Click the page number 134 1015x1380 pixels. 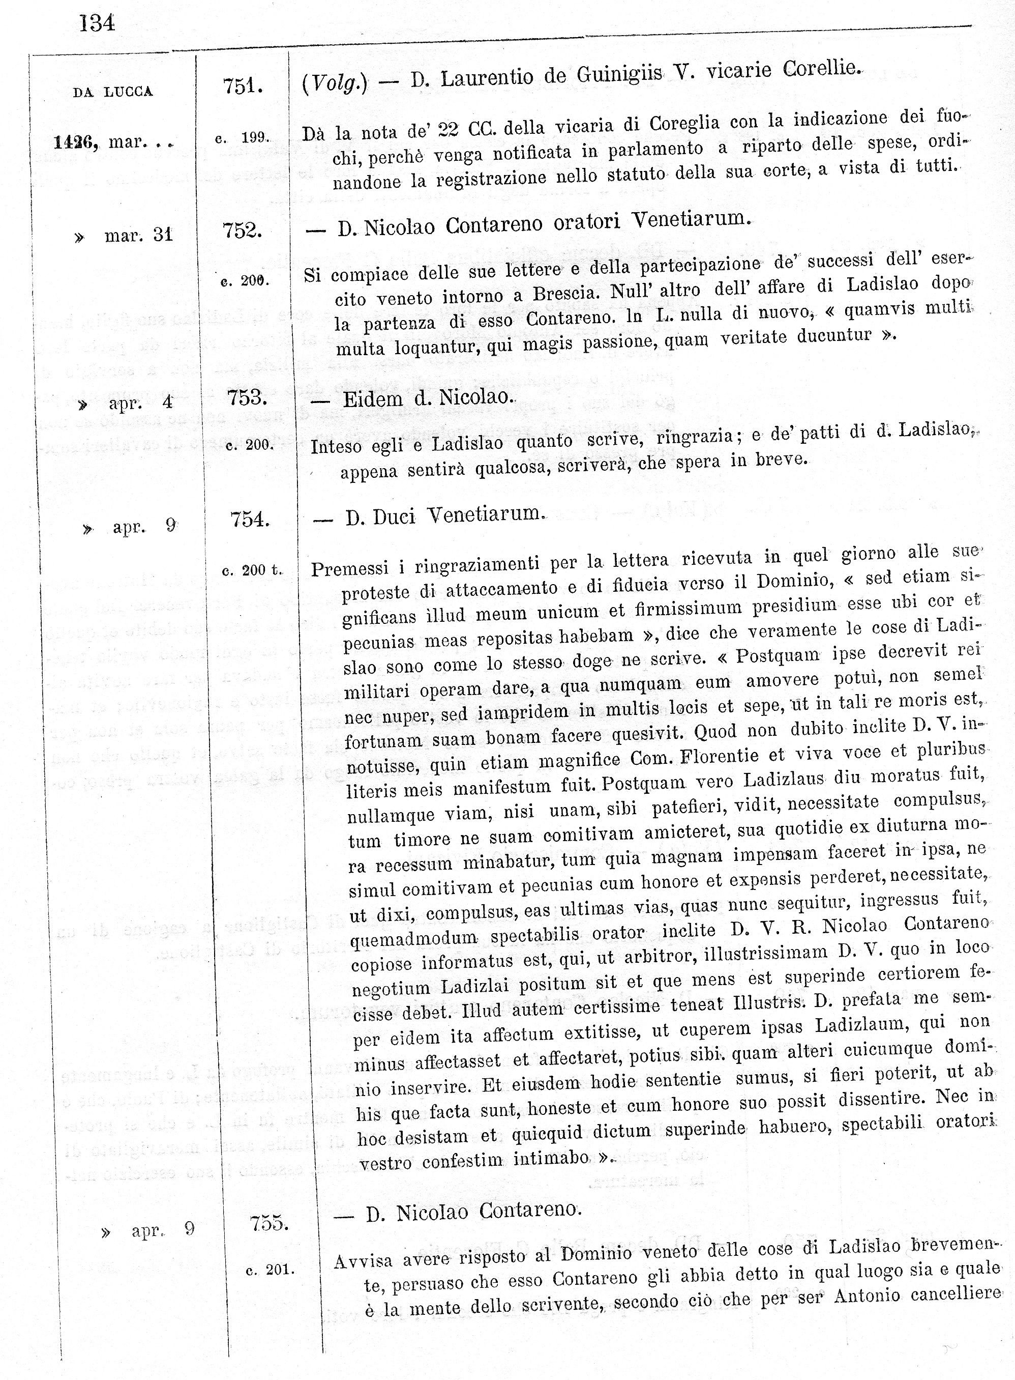[97, 24]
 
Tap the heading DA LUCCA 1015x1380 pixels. [112, 92]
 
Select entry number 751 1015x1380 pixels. [243, 87]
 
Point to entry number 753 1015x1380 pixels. [247, 398]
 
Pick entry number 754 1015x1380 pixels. [250, 520]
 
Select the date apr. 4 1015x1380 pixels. [141, 403]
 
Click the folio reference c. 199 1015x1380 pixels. [242, 138]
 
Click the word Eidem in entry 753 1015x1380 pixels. [373, 399]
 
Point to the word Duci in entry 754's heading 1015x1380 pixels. [394, 517]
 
